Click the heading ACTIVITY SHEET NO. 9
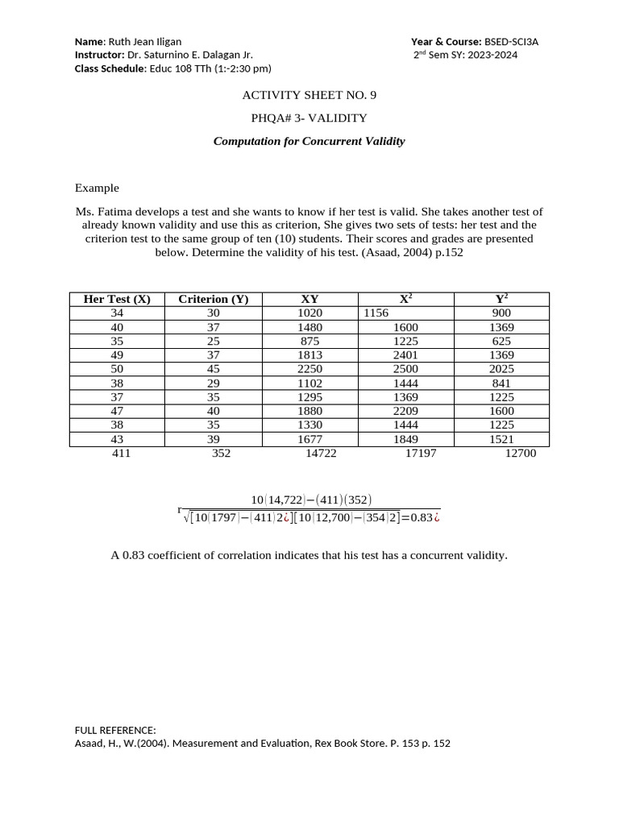pos(309,95)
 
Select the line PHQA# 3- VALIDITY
pos(309,118)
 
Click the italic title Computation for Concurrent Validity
pos(309,141)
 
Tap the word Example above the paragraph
pos(97,188)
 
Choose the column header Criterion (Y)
pos(213,299)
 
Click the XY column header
pos(309,299)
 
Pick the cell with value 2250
pos(309,369)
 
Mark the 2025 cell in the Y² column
pos(501,369)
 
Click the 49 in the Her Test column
pos(117,355)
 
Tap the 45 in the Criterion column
pos(213,369)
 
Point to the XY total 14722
pos(321,454)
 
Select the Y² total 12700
pos(520,454)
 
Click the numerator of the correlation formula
pos(311,500)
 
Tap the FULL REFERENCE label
pos(115,730)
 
